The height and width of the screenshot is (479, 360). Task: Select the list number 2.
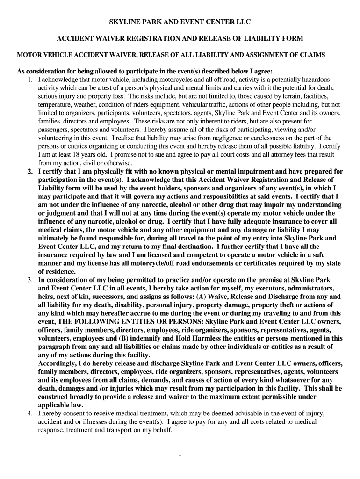coord(30,172)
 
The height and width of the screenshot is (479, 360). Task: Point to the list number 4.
coord(30,414)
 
